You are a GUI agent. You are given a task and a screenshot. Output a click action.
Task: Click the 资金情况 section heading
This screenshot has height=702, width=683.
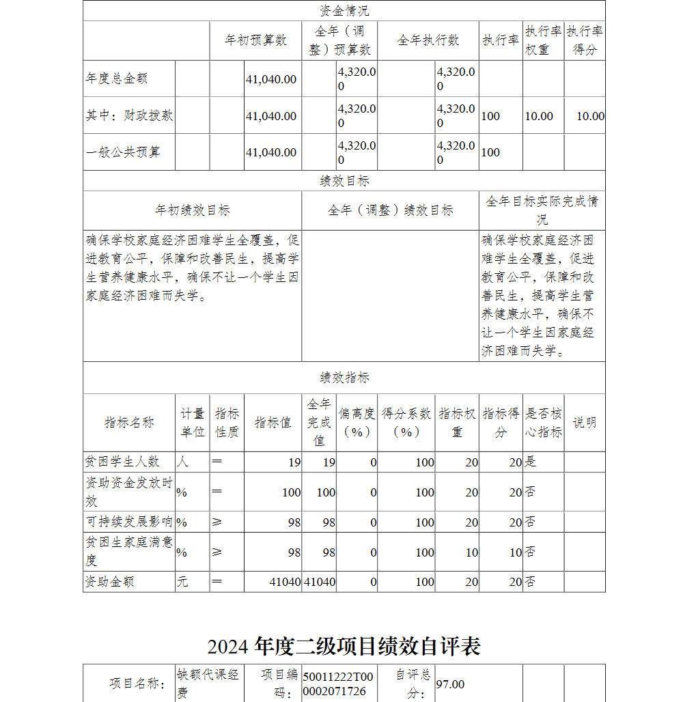point(344,11)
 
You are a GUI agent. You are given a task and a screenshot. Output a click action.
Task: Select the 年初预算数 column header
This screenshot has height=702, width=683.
point(255,40)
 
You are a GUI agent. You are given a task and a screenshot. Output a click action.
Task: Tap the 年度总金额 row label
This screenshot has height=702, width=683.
point(116,79)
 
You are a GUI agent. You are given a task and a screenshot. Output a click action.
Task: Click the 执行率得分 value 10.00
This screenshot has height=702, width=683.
point(590,116)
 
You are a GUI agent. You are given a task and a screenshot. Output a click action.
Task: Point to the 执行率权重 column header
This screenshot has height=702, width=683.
point(543,40)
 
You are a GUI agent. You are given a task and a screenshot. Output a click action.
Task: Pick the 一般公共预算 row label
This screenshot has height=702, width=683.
point(123,152)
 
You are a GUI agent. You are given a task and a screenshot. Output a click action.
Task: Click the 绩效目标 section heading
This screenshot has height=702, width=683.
point(344,181)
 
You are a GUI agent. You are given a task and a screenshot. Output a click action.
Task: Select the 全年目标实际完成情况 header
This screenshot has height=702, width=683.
point(542,210)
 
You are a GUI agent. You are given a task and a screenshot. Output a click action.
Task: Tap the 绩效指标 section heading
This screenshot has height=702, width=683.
point(344,378)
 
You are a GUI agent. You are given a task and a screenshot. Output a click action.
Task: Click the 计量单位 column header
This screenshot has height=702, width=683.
point(192,423)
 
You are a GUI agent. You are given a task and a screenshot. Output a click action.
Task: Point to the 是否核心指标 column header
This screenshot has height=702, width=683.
point(543,423)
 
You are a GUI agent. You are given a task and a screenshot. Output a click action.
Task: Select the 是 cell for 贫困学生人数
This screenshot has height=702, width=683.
point(531,462)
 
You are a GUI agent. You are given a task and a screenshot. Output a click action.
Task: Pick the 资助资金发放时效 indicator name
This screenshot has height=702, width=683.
point(128,492)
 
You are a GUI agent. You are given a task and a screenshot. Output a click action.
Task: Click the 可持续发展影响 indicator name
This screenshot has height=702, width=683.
point(128,522)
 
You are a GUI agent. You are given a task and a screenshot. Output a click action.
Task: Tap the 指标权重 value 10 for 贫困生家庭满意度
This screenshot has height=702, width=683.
point(472,552)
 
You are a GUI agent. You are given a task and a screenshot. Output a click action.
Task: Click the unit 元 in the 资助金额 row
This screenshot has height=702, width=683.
point(182,582)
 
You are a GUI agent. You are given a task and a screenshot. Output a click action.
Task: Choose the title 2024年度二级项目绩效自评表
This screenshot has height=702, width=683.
point(344,646)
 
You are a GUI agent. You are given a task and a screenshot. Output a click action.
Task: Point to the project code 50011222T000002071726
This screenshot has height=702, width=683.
point(339,684)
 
